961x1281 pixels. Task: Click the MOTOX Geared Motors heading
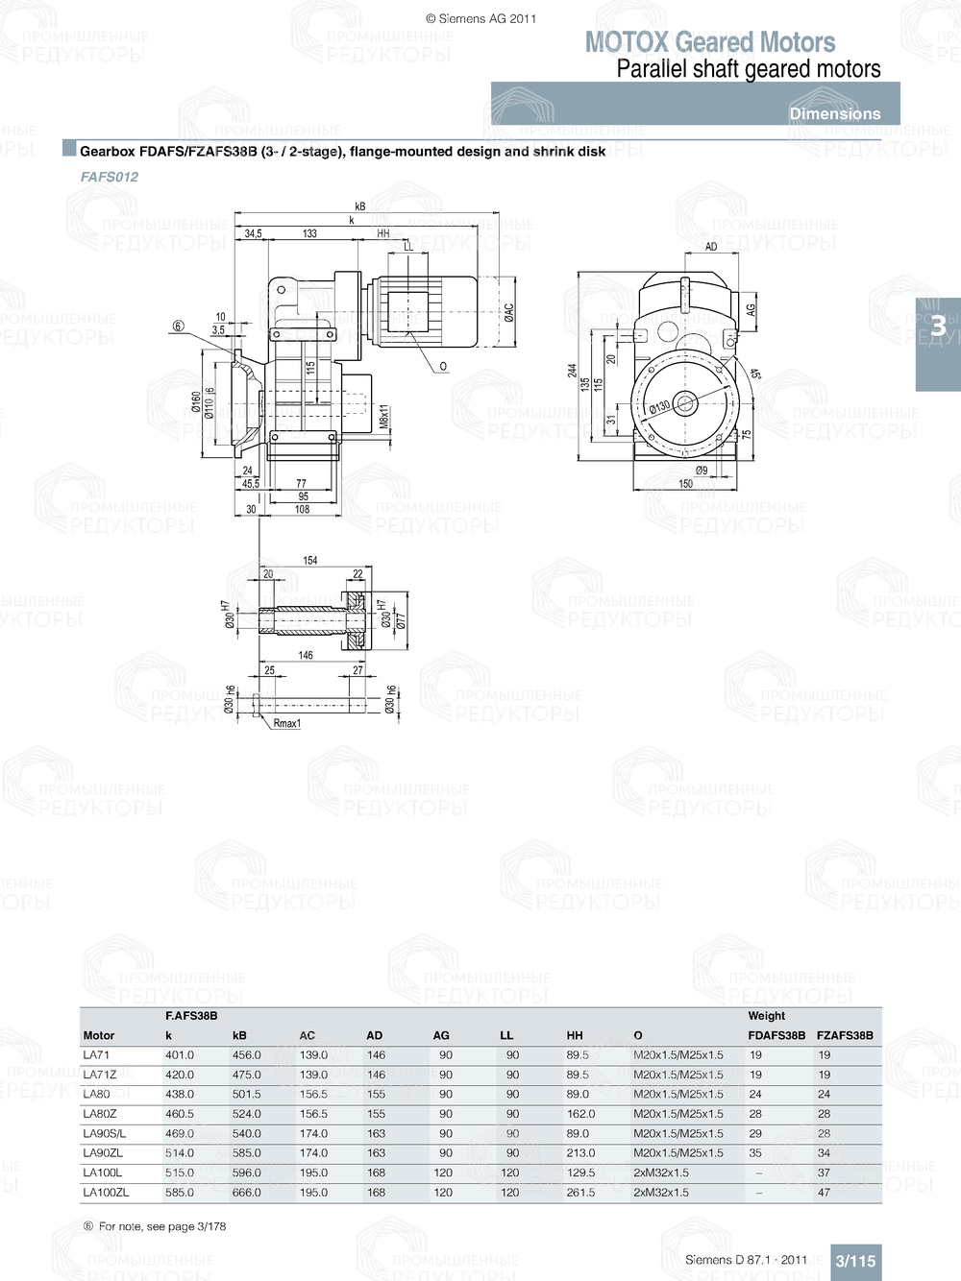710,42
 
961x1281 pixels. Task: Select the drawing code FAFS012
110,177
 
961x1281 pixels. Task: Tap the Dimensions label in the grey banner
834,113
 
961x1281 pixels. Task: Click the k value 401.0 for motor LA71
180,1055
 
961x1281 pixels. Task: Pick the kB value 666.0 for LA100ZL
246,1193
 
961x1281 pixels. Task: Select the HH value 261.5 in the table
580,1193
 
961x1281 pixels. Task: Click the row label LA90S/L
104,1134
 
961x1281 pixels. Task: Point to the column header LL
506,1035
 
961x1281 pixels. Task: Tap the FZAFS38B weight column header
845,1035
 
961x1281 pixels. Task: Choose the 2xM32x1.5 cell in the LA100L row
661,1172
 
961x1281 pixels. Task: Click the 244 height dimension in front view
572,371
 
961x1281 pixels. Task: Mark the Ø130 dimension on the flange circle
659,407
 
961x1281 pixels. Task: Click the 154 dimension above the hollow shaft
310,560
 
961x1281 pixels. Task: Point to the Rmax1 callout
286,723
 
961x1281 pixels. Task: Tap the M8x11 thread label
383,418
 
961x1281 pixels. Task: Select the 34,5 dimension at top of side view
253,233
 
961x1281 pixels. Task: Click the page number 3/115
855,1261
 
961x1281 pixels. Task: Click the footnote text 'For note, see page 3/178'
162,1226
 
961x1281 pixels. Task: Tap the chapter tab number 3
938,326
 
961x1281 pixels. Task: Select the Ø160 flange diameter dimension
196,401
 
